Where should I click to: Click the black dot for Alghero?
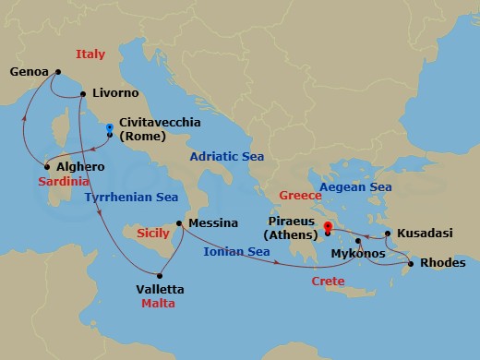[45, 167]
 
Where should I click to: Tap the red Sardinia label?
[64, 182]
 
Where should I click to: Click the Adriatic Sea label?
[227, 157]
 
